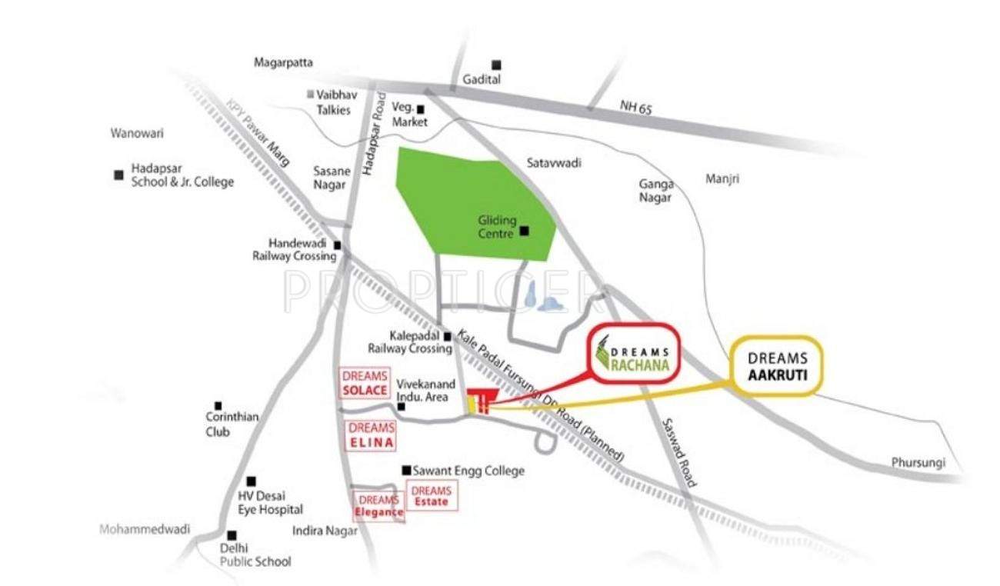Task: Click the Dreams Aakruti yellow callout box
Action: coord(776,365)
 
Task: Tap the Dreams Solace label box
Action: coord(364,383)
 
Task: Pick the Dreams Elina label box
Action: coord(372,435)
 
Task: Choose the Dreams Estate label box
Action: coord(431,496)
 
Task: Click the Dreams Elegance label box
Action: coord(378,506)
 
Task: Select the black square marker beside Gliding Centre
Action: coord(525,230)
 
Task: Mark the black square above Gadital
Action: coord(498,65)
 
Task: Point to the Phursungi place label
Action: coord(918,463)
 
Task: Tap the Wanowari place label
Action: coord(137,133)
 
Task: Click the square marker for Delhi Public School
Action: coord(232,535)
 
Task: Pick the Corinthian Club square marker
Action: coord(218,405)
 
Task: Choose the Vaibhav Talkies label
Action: coord(333,102)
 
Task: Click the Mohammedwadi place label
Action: coord(145,529)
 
